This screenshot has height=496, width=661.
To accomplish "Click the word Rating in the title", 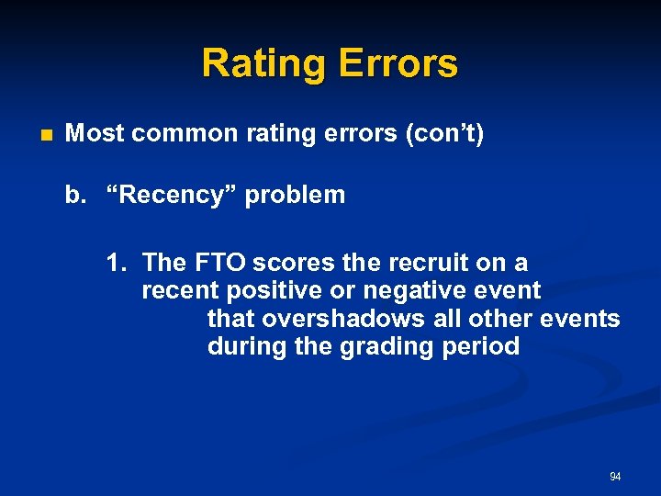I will point(264,64).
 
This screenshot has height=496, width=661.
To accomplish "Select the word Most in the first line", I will point(95,134).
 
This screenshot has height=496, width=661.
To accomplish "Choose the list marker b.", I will point(73,195).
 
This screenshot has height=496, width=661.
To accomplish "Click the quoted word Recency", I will point(174,195).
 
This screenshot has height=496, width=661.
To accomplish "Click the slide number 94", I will point(615,477).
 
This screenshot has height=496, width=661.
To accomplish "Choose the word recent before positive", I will point(178,292).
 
